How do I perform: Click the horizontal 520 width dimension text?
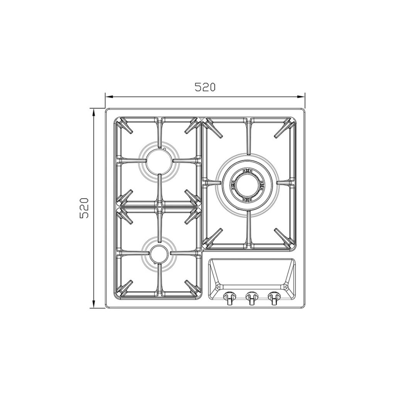pyautogui.click(x=205, y=87)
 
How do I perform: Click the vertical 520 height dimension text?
pyautogui.click(x=84, y=208)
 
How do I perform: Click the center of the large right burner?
pyautogui.click(x=247, y=183)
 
